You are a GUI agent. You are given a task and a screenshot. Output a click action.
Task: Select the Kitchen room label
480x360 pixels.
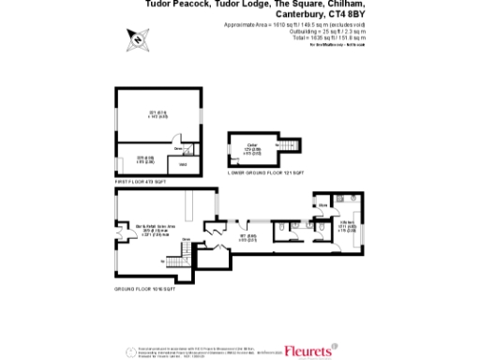pos(345,225)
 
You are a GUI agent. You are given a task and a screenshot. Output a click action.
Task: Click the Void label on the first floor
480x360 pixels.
pos(184,164)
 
